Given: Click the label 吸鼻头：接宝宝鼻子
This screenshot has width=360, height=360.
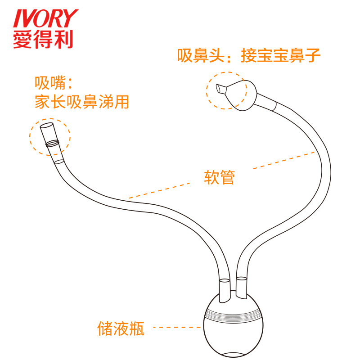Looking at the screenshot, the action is (248, 56).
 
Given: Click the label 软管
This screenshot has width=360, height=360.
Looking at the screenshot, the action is (220, 177).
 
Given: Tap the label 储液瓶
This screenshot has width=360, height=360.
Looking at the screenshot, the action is (121, 328).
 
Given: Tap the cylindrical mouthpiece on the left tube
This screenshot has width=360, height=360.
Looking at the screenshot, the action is (49, 133).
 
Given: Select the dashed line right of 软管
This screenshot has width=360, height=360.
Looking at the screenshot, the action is (283, 161).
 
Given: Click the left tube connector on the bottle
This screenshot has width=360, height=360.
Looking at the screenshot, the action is (224, 290).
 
